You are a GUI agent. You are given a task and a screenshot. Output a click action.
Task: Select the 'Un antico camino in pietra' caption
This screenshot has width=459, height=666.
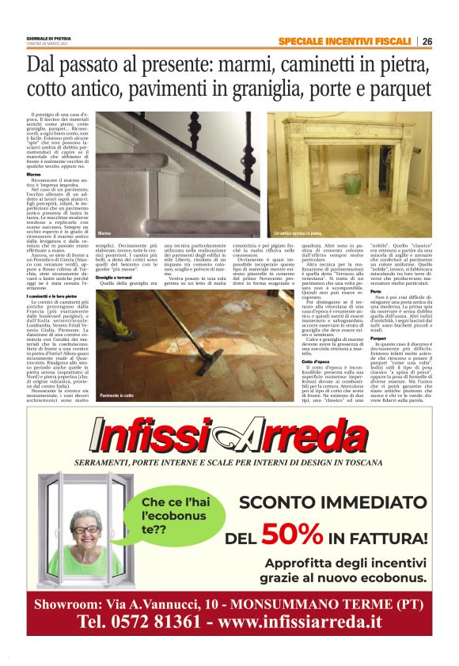[298, 234]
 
